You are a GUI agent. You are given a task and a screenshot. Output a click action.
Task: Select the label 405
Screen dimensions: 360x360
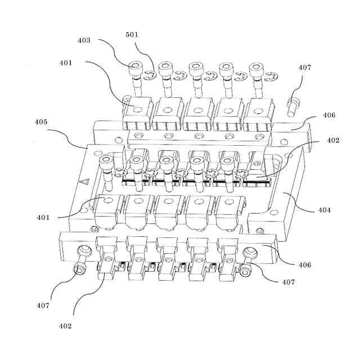40,121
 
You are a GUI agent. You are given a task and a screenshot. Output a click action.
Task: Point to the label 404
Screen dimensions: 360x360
325,210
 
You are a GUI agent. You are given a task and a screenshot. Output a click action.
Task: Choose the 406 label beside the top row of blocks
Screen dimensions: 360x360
329,115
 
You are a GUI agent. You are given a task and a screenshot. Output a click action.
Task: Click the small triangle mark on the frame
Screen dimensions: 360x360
85,182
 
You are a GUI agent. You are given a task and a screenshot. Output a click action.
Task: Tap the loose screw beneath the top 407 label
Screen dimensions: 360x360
294,105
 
